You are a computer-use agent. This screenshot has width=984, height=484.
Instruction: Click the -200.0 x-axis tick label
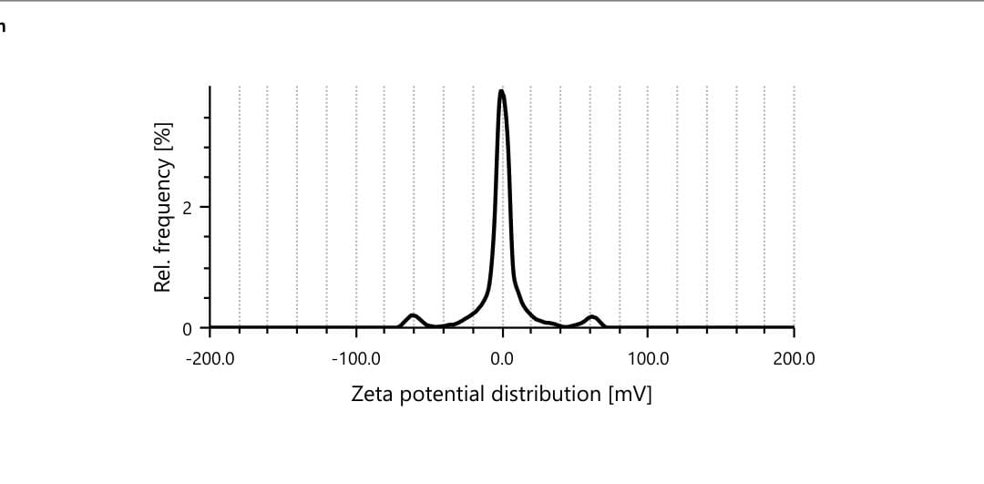coord(210,358)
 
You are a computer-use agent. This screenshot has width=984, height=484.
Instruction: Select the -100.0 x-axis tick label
coord(356,358)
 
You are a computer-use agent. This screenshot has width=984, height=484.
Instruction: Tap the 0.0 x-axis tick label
coord(502,358)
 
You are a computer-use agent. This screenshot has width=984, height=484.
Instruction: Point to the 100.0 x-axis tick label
coord(648,358)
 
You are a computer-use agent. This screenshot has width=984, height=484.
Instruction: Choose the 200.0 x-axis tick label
coord(794,358)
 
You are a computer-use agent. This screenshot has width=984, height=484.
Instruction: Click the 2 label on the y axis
coord(187,207)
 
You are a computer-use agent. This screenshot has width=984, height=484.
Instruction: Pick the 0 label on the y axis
coord(187,328)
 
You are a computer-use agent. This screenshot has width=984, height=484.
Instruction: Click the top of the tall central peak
coord(501,91)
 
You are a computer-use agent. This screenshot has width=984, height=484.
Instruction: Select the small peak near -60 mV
coord(414,315)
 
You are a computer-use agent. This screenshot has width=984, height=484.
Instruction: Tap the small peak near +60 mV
coord(593,317)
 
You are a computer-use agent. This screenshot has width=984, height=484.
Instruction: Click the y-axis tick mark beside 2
coord(207,207)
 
